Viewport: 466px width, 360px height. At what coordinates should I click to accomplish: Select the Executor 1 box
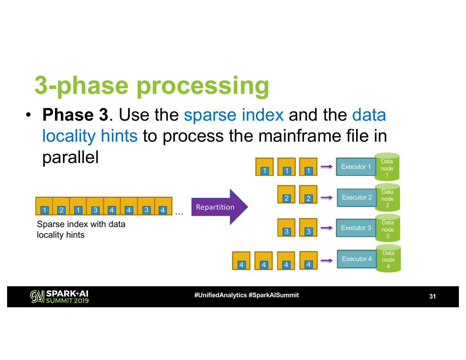click(356, 167)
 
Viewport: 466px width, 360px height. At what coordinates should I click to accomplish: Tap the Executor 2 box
click(357, 198)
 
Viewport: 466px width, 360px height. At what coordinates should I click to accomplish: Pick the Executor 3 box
click(356, 228)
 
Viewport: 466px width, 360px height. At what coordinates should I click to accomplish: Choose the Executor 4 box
click(357, 259)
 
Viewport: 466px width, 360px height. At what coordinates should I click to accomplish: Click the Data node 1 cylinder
click(387, 168)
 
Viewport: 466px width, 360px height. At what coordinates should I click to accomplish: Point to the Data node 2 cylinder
click(387, 198)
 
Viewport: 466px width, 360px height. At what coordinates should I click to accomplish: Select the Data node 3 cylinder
click(388, 229)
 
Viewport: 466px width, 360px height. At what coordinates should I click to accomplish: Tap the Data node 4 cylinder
click(388, 259)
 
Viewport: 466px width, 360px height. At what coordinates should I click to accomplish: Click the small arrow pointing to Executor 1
click(327, 167)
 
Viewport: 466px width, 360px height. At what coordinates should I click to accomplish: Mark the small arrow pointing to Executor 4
click(327, 260)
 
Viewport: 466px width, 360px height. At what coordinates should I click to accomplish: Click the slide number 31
click(432, 296)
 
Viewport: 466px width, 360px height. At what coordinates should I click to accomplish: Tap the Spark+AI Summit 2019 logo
click(59, 297)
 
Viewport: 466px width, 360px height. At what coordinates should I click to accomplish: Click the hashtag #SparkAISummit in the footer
click(273, 295)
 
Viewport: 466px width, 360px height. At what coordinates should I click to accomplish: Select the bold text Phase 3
click(75, 115)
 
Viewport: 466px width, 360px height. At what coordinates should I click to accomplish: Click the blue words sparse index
click(234, 115)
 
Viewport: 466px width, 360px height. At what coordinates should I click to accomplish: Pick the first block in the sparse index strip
click(44, 206)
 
